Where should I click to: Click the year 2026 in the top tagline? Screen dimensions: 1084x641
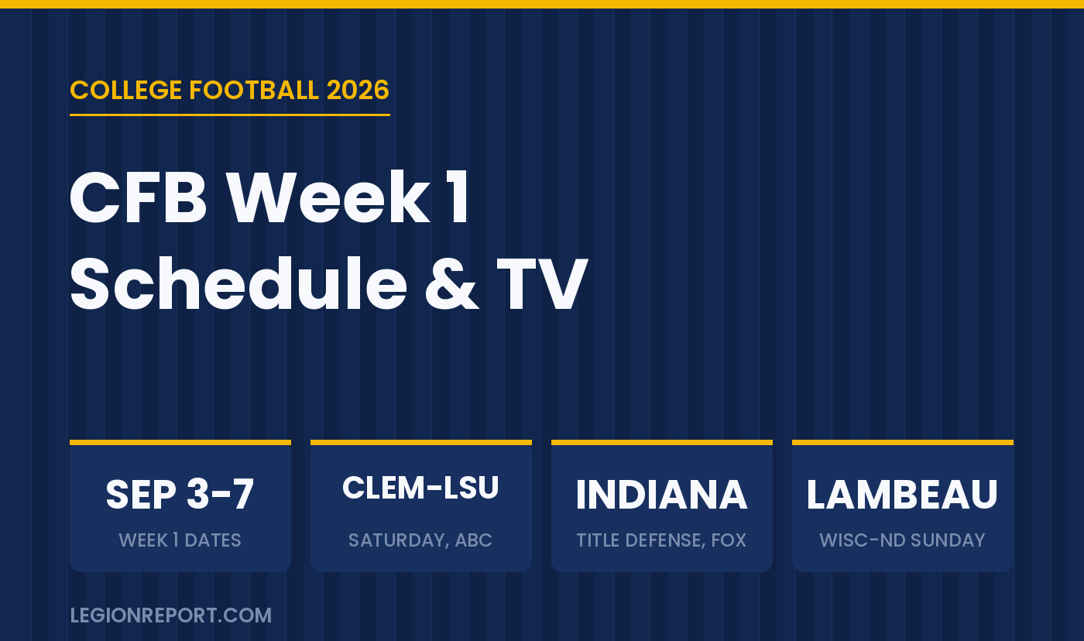(358, 90)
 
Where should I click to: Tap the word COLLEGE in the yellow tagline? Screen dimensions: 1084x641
(125, 90)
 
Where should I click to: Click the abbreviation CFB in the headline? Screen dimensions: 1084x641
(139, 198)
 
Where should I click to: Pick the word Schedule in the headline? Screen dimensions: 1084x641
(239, 283)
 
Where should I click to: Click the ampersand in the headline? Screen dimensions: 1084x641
(452, 284)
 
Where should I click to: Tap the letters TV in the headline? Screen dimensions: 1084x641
(542, 284)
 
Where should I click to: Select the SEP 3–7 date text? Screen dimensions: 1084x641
(180, 495)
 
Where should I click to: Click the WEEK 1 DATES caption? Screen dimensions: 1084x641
(180, 540)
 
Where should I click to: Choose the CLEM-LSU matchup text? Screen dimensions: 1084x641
(420, 488)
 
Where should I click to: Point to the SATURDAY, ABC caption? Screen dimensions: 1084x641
(420, 540)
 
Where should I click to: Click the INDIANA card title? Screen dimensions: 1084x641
(661, 495)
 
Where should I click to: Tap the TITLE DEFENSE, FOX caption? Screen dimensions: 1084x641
(661, 540)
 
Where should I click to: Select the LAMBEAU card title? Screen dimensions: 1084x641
(902, 495)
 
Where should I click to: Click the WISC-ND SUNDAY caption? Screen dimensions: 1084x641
(902, 540)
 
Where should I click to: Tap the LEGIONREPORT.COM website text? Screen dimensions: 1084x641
(171, 615)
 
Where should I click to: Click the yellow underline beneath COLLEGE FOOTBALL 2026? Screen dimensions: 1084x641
(230, 115)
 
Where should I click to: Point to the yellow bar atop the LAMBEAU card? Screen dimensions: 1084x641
(903, 442)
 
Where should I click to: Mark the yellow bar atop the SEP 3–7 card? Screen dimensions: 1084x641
(180, 442)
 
